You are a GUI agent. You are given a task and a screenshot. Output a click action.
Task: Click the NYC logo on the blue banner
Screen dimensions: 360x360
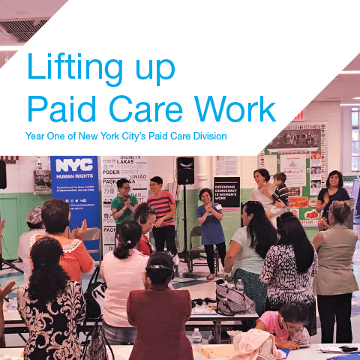[73, 165]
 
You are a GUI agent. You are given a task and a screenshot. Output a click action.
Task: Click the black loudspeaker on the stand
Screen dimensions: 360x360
[185, 170]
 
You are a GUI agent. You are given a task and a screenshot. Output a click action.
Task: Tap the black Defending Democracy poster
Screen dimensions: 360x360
[226, 192]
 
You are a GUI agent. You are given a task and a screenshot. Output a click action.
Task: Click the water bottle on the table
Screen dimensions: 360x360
[196, 334]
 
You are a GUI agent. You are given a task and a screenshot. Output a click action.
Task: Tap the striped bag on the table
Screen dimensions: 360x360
[235, 300]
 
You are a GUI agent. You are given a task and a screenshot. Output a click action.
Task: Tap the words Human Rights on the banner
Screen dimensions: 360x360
[67, 178]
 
